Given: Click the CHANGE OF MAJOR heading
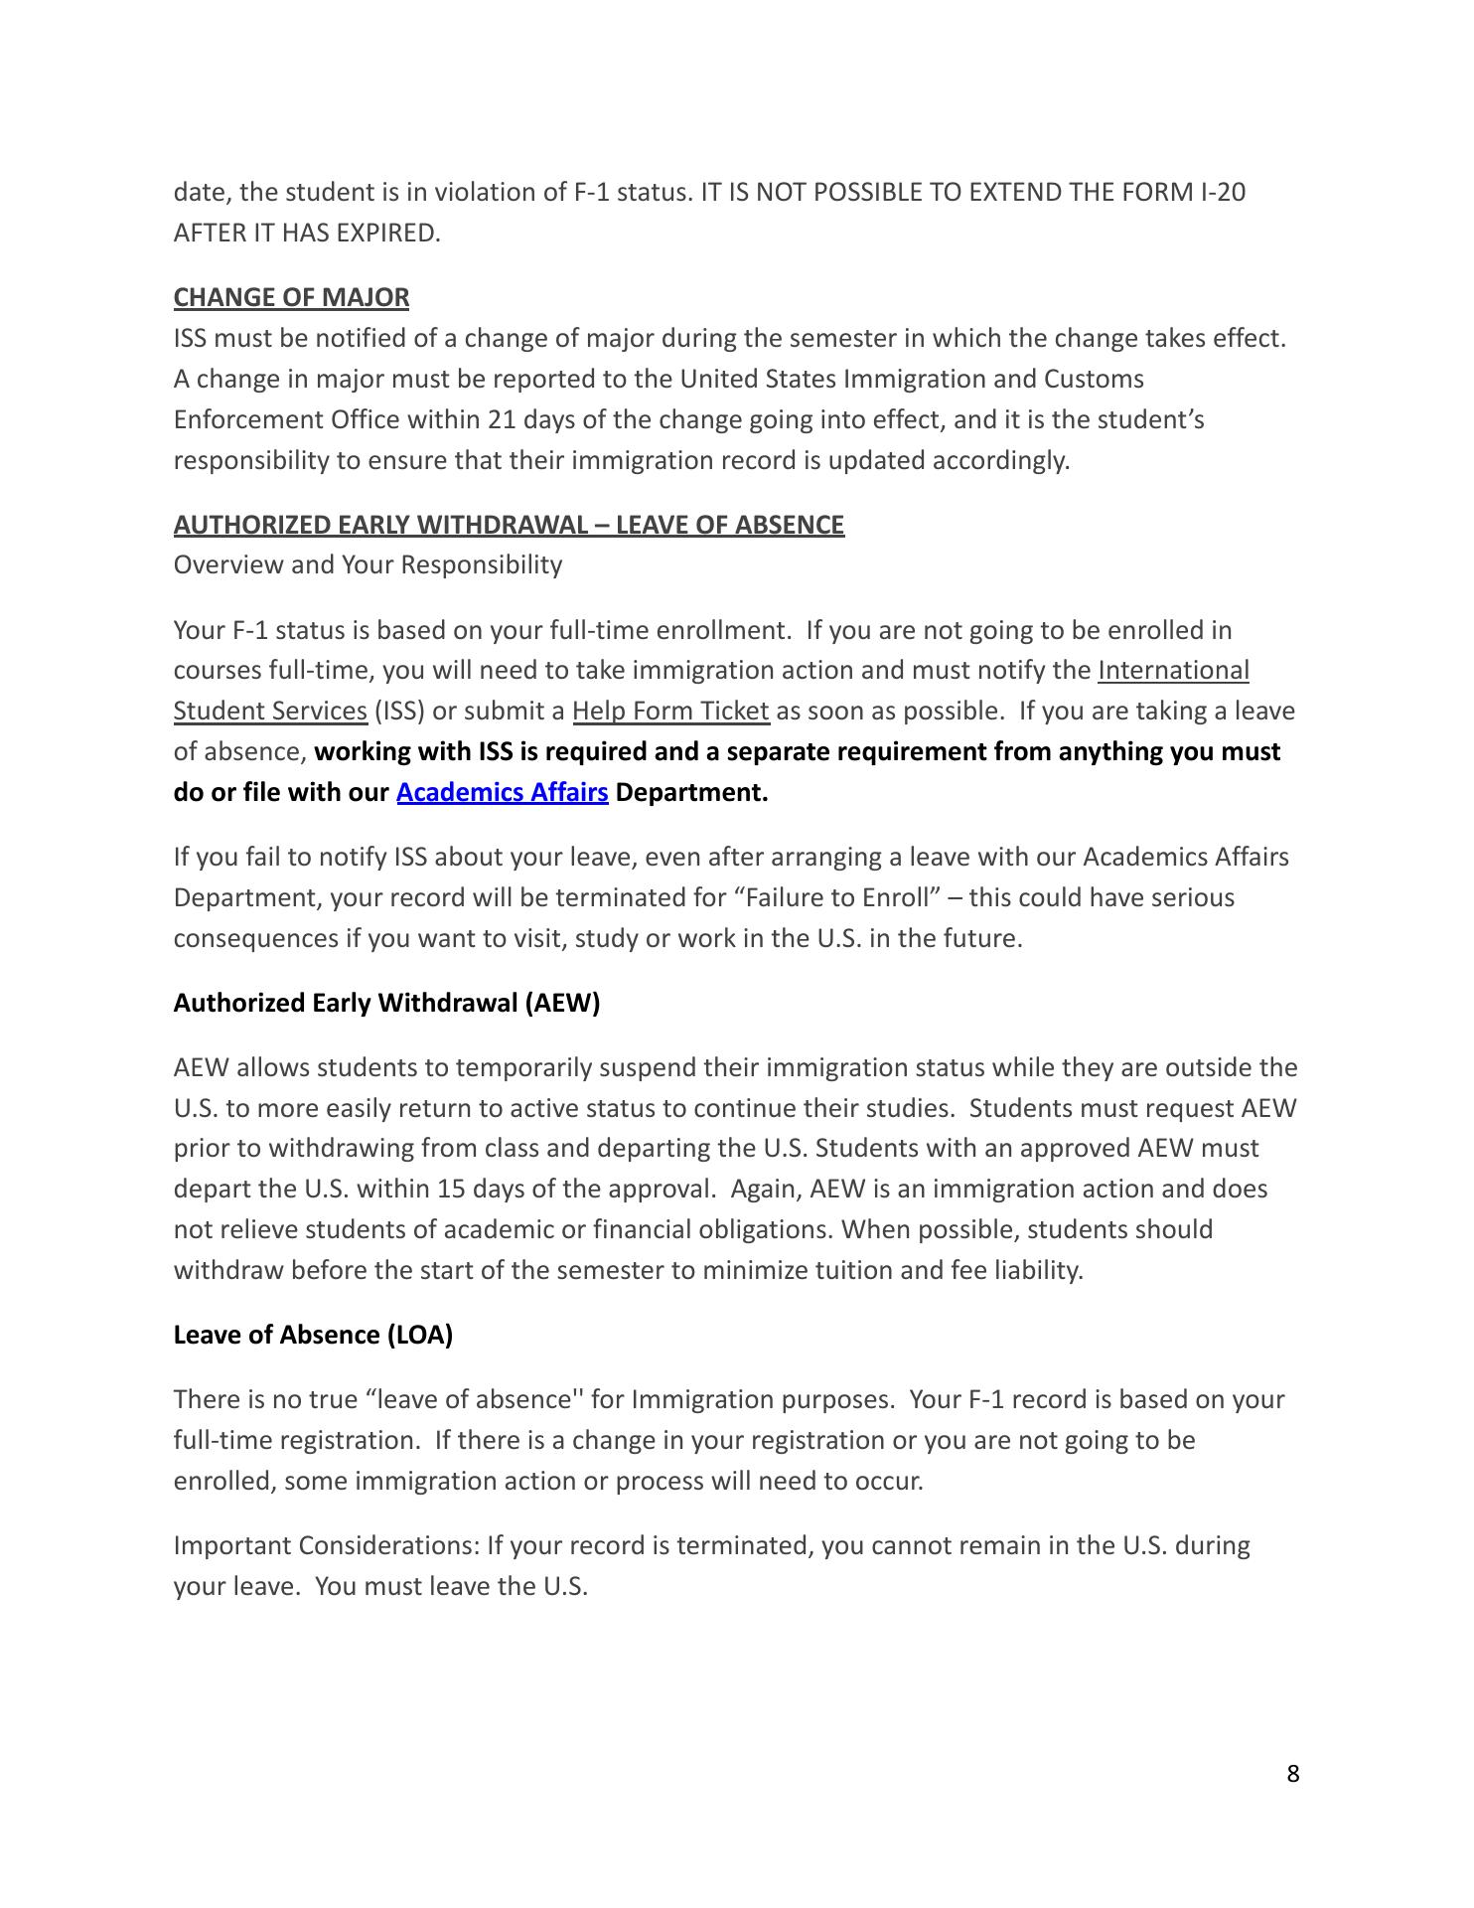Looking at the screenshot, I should point(291,297).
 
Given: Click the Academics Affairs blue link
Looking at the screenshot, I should point(502,792).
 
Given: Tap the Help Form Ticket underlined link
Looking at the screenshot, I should point(670,711).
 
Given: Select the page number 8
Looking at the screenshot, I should point(1292,1774).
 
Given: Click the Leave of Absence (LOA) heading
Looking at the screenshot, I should point(313,1335).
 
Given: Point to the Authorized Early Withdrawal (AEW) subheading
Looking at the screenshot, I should point(386,1003).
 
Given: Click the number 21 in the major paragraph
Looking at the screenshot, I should point(501,419).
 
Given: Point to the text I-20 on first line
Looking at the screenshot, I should point(1217,192).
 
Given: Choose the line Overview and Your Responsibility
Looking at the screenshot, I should point(368,564).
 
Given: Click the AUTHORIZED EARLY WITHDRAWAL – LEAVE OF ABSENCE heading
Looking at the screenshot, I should point(509,525).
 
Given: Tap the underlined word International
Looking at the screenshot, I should point(1173,670).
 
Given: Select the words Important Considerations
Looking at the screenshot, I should point(326,1545).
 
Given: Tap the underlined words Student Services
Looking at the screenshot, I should point(270,711).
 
